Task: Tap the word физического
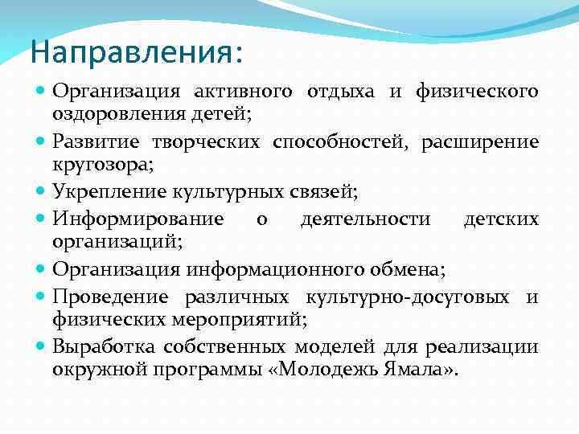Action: click(477, 92)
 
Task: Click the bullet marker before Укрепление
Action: click(42, 191)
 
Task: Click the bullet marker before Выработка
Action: click(42, 346)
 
